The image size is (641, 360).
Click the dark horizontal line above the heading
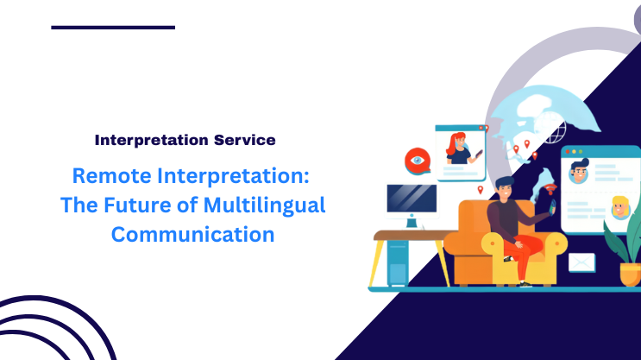tap(113, 28)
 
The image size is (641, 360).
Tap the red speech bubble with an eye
tap(418, 160)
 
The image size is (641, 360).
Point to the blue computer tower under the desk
tap(398, 263)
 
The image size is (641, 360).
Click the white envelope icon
tap(582, 262)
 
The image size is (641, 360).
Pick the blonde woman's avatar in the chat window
tap(619, 207)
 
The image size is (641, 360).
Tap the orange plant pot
tap(631, 273)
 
